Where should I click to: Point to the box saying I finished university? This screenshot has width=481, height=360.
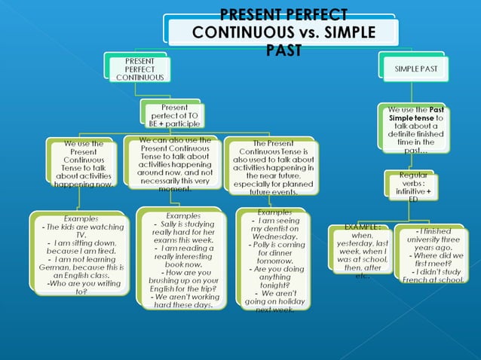point(429,255)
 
